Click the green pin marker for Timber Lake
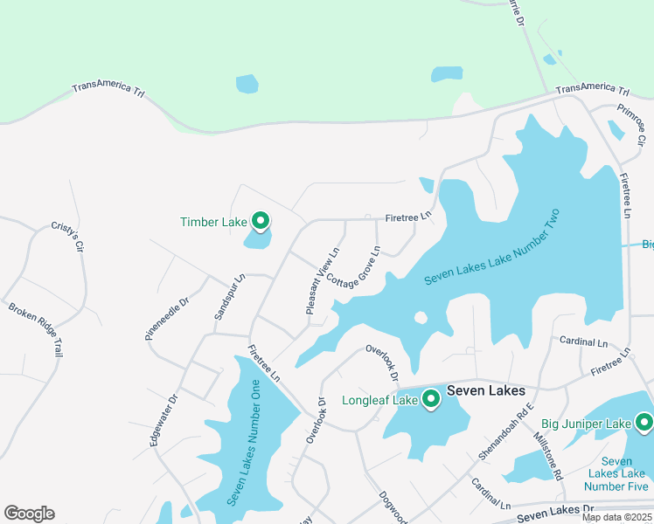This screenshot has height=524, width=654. coord(260,221)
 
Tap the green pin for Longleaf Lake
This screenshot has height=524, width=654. coord(430,399)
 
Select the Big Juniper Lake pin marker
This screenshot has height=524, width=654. coord(644,423)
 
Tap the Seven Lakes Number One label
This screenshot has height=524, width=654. coord(244,442)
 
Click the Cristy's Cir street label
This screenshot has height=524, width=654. coord(66,234)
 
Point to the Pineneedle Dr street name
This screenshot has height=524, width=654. coord(167,319)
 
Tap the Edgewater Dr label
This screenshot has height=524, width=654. coord(163,420)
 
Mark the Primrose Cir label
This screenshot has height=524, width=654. coord(630,124)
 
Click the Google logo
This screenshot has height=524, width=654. coord(29,514)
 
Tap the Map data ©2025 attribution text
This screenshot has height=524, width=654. coord(616,517)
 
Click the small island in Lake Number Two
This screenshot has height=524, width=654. coord(421,317)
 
